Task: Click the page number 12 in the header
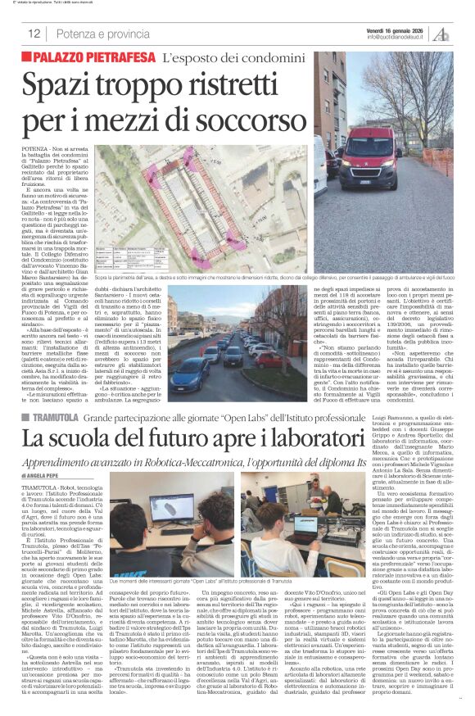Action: point(34,34)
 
